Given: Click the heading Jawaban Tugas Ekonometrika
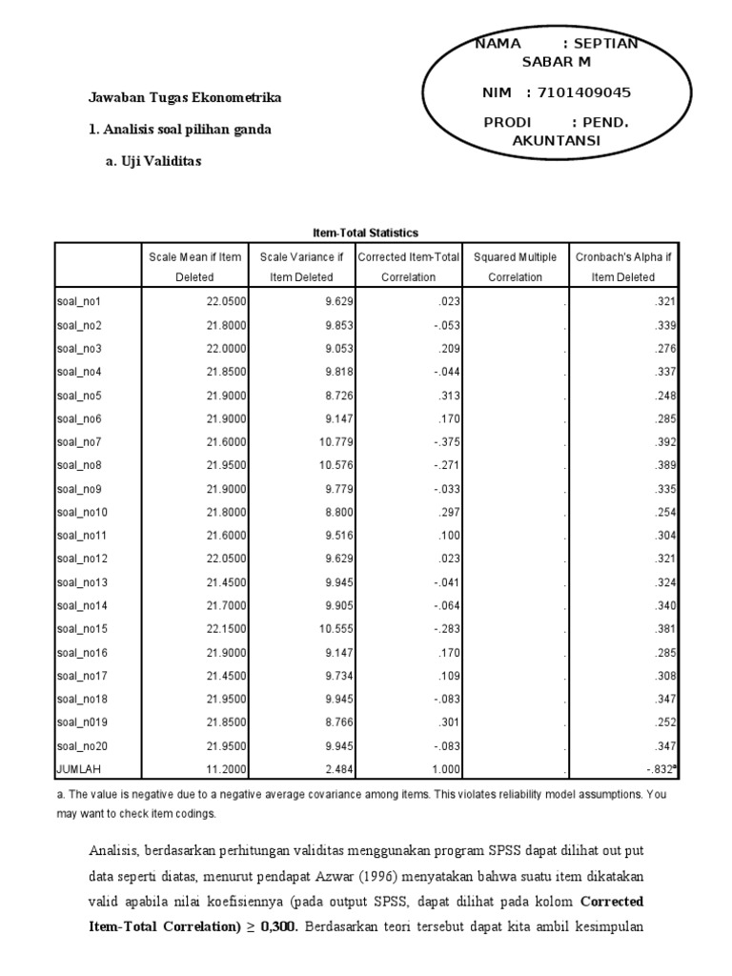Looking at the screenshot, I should [185, 97].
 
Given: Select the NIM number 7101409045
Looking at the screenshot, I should [584, 92].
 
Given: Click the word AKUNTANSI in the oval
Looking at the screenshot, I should [558, 140].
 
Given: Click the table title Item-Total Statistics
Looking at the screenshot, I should [365, 233].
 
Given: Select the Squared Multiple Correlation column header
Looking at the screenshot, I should [515, 267].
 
